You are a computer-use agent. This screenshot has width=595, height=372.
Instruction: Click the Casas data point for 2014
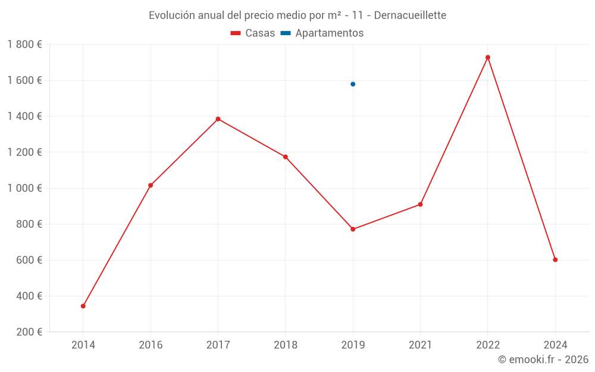coord(83,306)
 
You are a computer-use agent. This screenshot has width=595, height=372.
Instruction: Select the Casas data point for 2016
coord(151,185)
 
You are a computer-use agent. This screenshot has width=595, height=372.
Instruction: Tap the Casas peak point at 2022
coord(488,57)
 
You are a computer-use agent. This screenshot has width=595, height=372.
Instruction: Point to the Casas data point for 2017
coord(218,119)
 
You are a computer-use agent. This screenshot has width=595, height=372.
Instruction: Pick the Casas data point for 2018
coord(286,157)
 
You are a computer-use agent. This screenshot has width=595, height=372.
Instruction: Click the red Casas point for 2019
coord(353,229)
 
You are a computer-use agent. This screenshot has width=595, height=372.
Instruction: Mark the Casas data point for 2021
coord(420,204)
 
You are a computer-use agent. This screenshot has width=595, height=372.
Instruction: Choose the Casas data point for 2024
coord(555,260)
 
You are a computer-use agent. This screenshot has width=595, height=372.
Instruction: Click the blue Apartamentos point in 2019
coord(353,84)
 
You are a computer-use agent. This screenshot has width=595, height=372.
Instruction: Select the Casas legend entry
coord(253,33)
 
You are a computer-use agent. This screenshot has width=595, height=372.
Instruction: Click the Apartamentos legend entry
coord(322,33)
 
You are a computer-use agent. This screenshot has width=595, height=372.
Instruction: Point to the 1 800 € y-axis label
coord(24,45)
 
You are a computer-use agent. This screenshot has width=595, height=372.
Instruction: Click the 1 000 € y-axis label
coord(24,188)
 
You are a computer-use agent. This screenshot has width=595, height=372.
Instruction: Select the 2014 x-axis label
coord(83,345)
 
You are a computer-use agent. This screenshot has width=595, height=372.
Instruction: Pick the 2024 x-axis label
coord(555,345)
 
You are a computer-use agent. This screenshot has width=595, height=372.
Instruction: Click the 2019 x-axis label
coord(353,345)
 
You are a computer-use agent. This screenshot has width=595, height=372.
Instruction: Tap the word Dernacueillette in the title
coord(410,15)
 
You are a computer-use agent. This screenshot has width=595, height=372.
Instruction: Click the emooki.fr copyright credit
coord(543,360)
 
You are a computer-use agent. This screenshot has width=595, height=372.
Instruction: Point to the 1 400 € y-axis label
coord(24,117)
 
